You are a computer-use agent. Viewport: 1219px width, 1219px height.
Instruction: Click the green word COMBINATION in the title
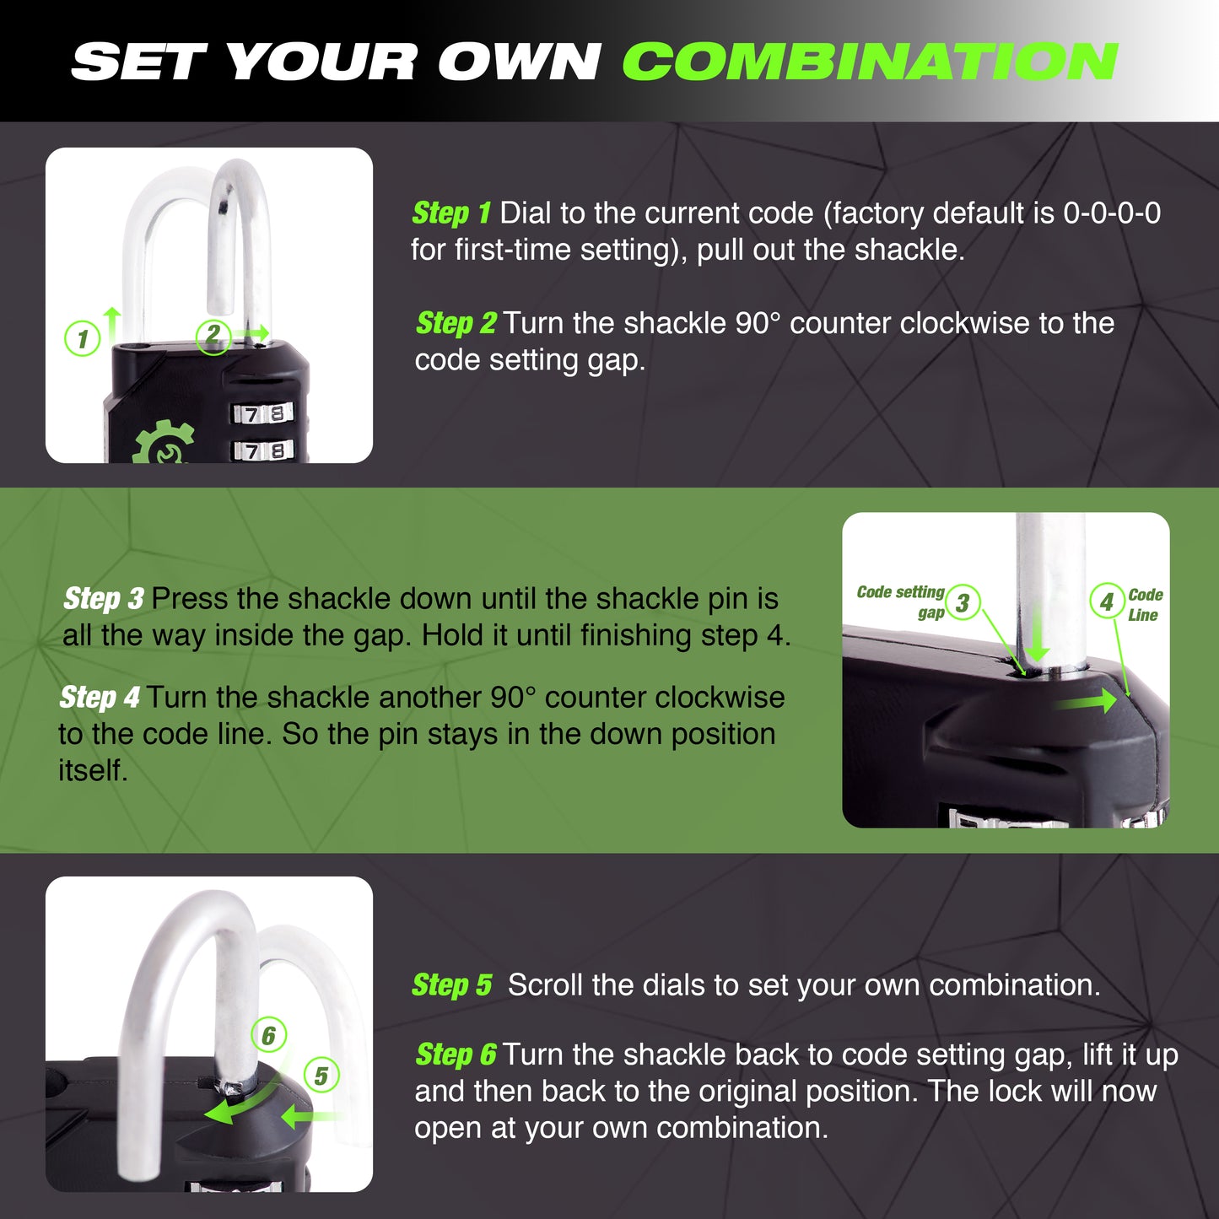[871, 62]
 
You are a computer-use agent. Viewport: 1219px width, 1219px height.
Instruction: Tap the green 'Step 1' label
[451, 213]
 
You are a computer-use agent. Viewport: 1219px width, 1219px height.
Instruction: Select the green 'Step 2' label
[456, 323]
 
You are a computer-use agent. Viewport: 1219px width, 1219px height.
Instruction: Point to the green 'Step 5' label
[451, 985]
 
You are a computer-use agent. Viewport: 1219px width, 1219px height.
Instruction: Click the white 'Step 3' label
[104, 598]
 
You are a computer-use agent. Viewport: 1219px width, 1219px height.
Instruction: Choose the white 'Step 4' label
[100, 697]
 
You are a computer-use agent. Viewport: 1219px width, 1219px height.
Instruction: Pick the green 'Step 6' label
[456, 1054]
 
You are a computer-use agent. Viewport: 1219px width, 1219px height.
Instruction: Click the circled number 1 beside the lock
[82, 338]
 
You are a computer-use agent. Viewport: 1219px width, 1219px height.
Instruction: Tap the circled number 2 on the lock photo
[213, 337]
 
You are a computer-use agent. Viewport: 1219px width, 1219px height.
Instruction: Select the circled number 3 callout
[963, 602]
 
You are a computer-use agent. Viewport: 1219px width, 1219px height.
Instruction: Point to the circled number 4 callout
[1107, 601]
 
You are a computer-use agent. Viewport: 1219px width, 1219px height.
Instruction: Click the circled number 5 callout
[321, 1076]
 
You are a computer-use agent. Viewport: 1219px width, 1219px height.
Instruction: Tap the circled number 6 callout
[269, 1036]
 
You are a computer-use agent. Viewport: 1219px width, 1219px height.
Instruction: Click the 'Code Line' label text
[1145, 605]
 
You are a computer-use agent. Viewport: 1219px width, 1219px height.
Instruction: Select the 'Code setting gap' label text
[901, 601]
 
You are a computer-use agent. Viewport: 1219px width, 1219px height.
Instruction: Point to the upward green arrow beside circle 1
[112, 326]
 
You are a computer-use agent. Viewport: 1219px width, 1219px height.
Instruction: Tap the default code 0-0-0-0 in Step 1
[1112, 213]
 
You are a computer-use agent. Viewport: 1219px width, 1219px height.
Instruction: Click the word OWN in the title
[519, 62]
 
